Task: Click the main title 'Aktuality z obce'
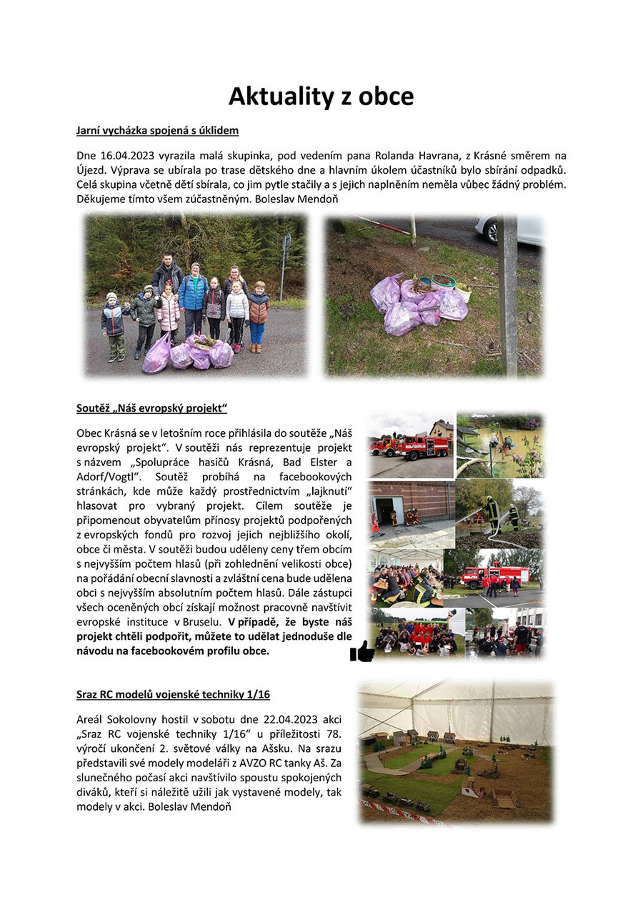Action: pos(321,96)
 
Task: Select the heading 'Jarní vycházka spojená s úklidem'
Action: pos(157,131)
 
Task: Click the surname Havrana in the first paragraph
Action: pos(424,155)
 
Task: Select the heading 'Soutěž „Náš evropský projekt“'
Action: pos(151,408)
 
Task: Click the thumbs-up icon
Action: pos(362,651)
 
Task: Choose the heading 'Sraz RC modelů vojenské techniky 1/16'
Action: pos(173,694)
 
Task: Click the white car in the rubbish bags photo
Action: pos(510,229)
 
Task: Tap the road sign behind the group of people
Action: pos(286,247)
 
